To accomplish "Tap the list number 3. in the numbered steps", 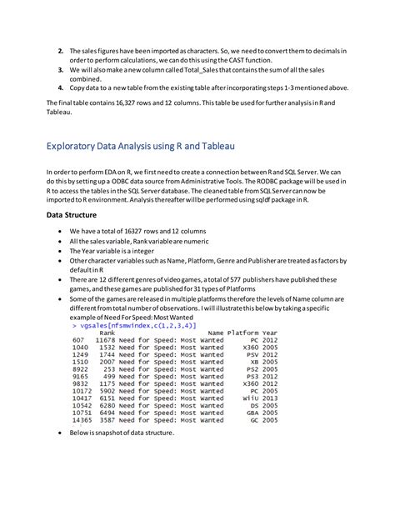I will point(60,73).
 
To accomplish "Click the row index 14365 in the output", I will point(82,419).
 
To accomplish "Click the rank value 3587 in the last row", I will point(107,419).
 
